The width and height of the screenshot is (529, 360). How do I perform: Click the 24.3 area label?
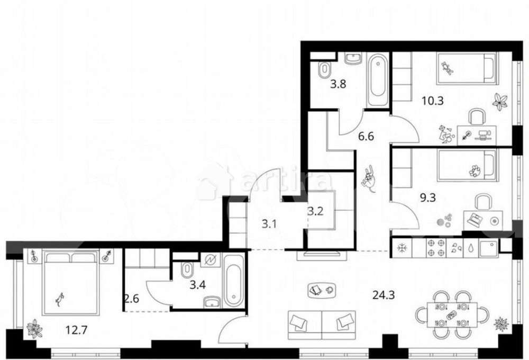383,295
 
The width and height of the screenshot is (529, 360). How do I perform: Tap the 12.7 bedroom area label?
76,329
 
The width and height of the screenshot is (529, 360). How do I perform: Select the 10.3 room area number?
433,101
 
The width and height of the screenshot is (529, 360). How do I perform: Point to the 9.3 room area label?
427,197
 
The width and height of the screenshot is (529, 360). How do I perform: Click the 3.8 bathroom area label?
338,84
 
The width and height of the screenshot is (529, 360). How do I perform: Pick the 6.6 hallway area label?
366,137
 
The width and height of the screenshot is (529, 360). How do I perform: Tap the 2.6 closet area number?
132,299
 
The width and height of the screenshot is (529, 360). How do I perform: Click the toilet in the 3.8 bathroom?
325,69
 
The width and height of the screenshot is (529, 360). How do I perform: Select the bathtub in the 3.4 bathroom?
233,280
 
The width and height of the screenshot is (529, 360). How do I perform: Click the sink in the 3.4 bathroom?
212,302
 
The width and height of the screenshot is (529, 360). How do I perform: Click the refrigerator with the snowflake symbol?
402,248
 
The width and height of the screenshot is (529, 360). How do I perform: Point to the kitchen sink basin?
488,248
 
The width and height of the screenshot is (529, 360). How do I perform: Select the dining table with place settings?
452,316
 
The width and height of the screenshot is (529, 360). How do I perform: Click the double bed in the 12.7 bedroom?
71,282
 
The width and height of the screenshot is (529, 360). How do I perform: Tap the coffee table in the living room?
322,290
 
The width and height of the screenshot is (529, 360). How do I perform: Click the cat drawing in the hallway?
369,178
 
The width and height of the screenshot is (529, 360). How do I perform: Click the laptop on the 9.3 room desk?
475,220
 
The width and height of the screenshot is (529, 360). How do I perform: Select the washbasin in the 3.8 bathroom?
353,59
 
